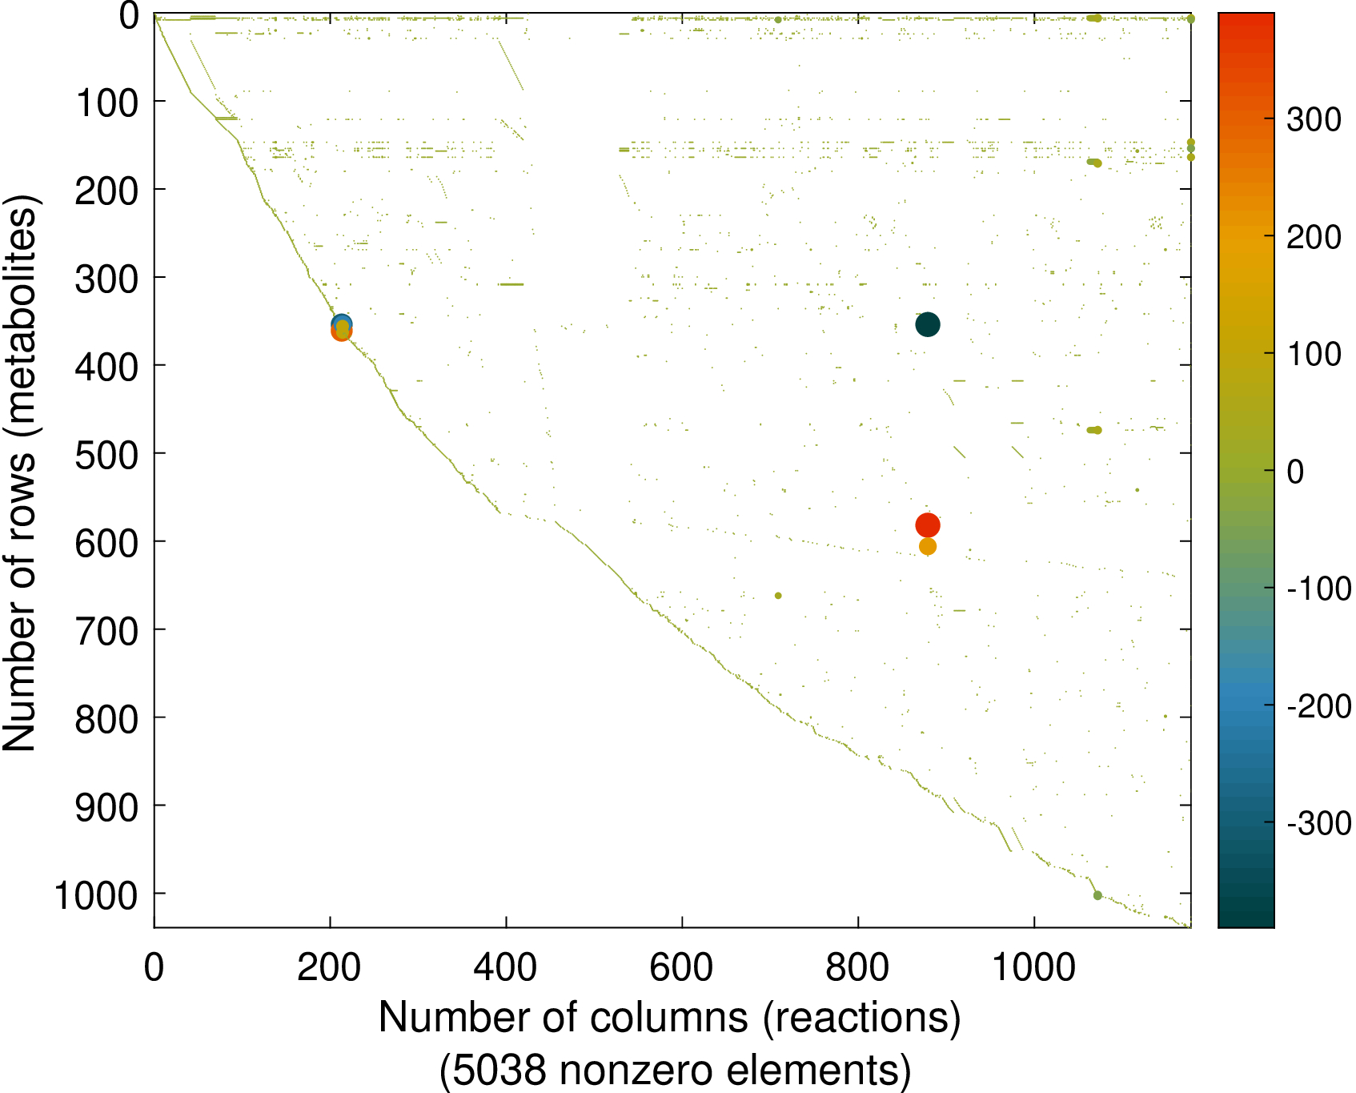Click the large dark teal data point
click(x=927, y=324)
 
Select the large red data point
click(x=927, y=525)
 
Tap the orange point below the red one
click(x=927, y=547)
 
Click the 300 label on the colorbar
click(x=1314, y=120)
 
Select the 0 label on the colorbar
click(x=1295, y=472)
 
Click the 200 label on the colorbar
click(x=1314, y=237)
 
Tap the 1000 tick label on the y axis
click(x=96, y=895)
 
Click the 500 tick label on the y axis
click(x=106, y=455)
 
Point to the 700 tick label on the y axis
click(x=106, y=631)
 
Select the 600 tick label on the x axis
click(x=681, y=967)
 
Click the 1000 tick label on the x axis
click(x=1033, y=967)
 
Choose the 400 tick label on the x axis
click(x=505, y=967)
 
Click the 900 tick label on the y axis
click(x=106, y=807)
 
